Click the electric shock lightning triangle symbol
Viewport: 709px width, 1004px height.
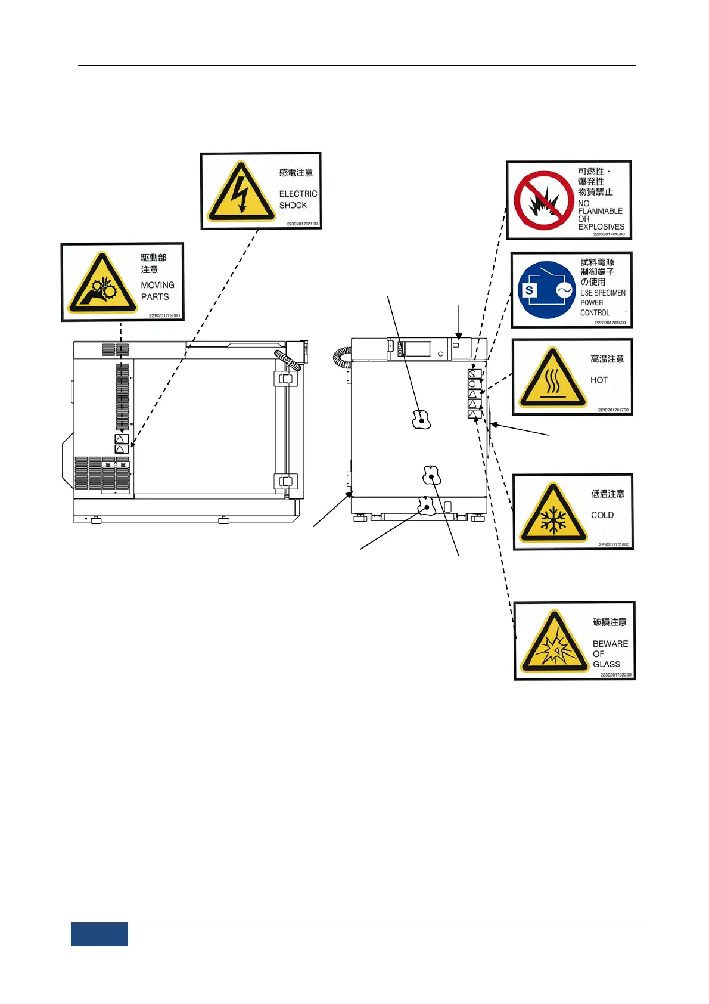tap(240, 193)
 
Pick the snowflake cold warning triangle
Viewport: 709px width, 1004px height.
tap(553, 514)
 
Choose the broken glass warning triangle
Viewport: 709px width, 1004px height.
tap(555, 643)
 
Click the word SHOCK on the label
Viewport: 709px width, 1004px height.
tap(293, 205)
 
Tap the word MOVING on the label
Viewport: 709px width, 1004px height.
tap(157, 285)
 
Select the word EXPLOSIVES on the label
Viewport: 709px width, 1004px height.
tap(601, 227)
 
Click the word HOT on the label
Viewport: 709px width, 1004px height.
tap(599, 380)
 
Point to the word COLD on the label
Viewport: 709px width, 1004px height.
tap(602, 515)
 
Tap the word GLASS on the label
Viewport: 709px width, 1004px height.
tap(606, 664)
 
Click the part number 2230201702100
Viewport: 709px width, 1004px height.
tap(302, 224)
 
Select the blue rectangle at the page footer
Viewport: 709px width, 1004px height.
tap(99, 934)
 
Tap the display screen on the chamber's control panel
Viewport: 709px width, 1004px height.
tap(417, 349)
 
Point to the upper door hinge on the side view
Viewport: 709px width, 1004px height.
tap(285, 379)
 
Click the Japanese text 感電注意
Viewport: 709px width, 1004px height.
tap(296, 173)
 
